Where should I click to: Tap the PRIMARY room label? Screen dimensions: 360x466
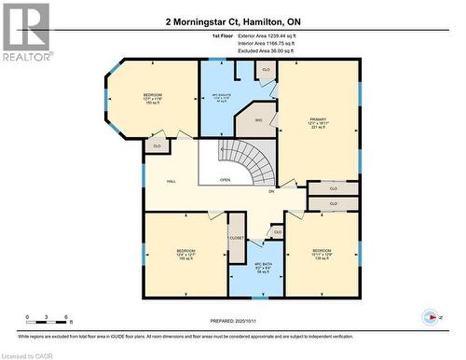tap(318, 121)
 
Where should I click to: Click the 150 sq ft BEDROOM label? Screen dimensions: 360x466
tap(152, 98)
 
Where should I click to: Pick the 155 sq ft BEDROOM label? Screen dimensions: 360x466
tap(185, 254)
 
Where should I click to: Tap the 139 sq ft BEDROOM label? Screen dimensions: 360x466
tap(321, 253)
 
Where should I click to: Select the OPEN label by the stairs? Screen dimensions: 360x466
tap(225, 180)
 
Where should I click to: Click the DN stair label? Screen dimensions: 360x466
tap(271, 191)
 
